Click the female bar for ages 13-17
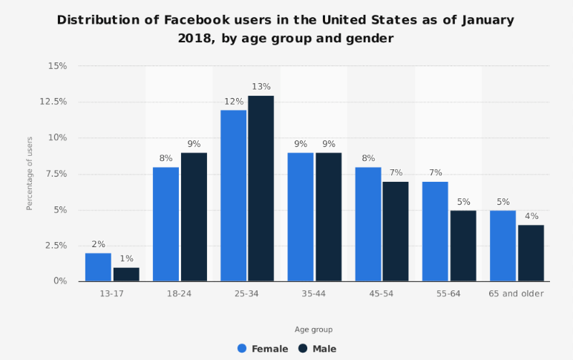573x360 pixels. pyautogui.click(x=98, y=267)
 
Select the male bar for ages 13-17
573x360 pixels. pyautogui.click(x=126, y=274)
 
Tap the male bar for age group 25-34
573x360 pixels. pyautogui.click(x=261, y=189)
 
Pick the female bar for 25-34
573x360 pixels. pyautogui.click(x=233, y=196)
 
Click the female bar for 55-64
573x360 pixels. pyautogui.click(x=436, y=232)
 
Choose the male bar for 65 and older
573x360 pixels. pyautogui.click(x=531, y=253)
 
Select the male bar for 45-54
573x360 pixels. pyautogui.click(x=396, y=232)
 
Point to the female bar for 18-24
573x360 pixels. pyautogui.click(x=166, y=224)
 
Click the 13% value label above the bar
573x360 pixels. pyautogui.click(x=261, y=86)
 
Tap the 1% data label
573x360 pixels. pyautogui.click(x=126, y=258)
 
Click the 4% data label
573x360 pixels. pyautogui.click(x=531, y=216)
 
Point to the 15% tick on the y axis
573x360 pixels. pyautogui.click(x=57, y=66)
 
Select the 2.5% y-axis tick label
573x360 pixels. pyautogui.click(x=56, y=246)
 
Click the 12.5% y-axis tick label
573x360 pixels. pyautogui.click(x=53, y=102)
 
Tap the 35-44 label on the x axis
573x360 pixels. pyautogui.click(x=314, y=294)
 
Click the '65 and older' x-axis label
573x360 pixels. pyautogui.click(x=517, y=294)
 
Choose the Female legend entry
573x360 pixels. pyautogui.click(x=262, y=348)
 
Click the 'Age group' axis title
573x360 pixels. pyautogui.click(x=313, y=329)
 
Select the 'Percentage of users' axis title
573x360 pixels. pyautogui.click(x=30, y=173)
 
